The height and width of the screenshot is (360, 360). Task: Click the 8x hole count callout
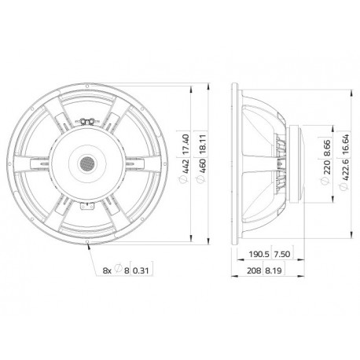[x=108, y=272]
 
